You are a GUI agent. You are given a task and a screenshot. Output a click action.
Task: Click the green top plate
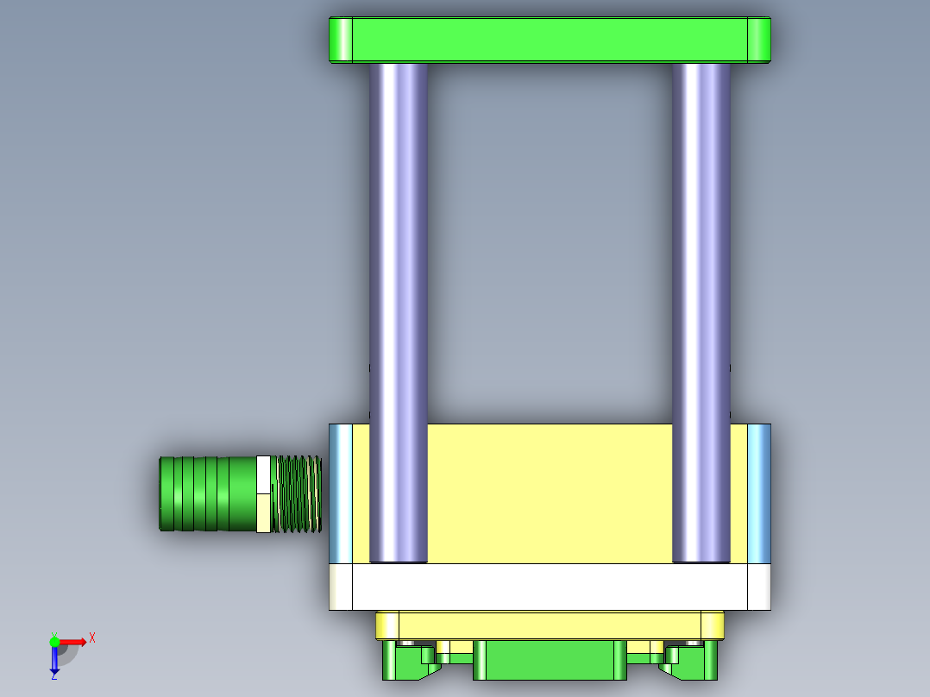pos(550,40)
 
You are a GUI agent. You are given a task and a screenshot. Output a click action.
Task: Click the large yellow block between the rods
pos(550,492)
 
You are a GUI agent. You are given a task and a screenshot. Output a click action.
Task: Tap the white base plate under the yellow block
pos(550,587)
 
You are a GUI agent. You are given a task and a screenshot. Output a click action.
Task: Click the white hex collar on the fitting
pos(264,493)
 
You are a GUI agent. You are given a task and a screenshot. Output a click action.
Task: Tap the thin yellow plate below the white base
pos(550,625)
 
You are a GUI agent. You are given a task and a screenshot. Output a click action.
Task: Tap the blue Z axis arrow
pos(54,660)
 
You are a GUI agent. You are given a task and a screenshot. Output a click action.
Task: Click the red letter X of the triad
pos(92,638)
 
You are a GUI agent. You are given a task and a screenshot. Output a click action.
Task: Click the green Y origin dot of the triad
pos(54,641)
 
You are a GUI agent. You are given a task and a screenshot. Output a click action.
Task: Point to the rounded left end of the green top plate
pos(342,40)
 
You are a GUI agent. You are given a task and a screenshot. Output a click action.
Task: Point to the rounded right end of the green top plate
pos(758,40)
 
